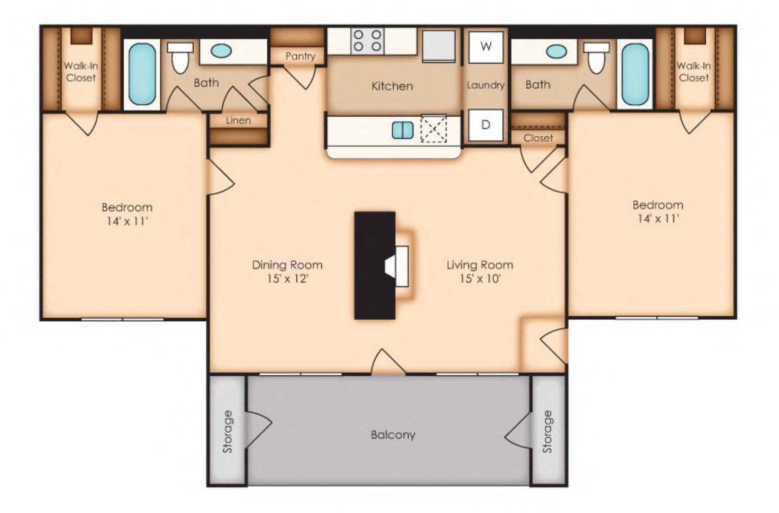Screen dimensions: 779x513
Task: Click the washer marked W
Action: tap(486, 47)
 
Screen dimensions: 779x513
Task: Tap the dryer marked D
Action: tap(486, 125)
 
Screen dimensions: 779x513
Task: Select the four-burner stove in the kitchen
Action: tap(367, 41)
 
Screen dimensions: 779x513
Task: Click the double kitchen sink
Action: tap(403, 130)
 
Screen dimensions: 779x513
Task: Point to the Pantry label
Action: tap(300, 56)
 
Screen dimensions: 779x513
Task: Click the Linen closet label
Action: tap(238, 120)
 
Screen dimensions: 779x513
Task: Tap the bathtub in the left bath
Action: tap(142, 74)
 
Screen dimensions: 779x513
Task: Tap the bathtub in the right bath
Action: tap(635, 74)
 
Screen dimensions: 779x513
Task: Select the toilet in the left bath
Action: tap(180, 58)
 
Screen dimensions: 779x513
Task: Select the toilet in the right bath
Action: tap(596, 58)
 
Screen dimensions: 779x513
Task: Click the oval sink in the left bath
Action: tap(221, 51)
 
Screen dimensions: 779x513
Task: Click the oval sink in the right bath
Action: tap(556, 51)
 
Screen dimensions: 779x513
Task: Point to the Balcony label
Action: tap(393, 435)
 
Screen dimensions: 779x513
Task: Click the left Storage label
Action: tap(227, 432)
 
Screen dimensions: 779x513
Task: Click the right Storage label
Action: tap(547, 432)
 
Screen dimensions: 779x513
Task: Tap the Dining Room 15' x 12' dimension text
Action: tap(288, 278)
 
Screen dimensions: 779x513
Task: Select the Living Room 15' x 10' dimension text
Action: tap(480, 278)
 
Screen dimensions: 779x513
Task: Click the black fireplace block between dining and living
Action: tap(374, 265)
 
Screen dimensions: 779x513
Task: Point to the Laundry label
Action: tap(485, 85)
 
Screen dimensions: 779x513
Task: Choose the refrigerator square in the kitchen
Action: tap(439, 46)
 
